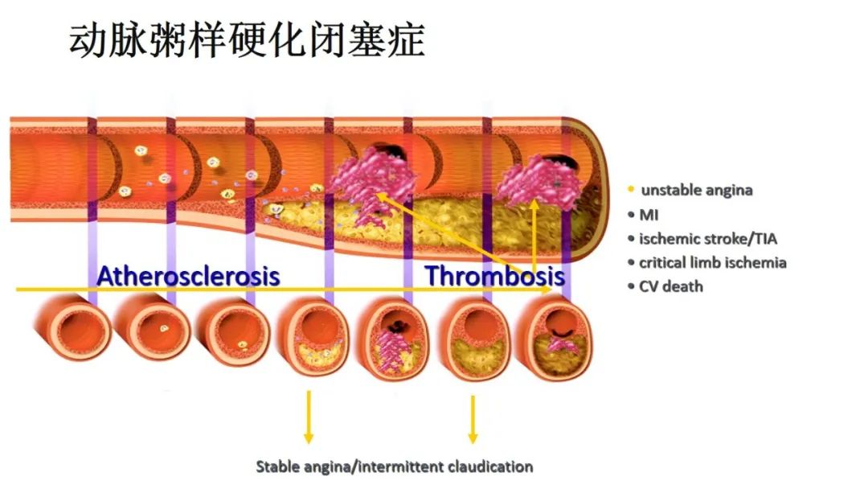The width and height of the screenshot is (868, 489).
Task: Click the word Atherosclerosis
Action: point(188,277)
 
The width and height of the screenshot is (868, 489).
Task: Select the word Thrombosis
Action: point(494,277)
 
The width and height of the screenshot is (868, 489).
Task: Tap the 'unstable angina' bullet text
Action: point(697,191)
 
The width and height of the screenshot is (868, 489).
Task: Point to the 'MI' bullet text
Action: point(649,215)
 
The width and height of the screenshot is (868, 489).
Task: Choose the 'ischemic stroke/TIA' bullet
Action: point(708,238)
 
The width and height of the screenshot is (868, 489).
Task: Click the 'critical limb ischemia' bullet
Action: point(713,262)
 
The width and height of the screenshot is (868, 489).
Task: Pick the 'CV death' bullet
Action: point(671,286)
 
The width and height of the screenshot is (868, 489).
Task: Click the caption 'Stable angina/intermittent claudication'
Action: point(394,466)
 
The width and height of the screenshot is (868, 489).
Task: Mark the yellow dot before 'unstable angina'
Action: point(631,191)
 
